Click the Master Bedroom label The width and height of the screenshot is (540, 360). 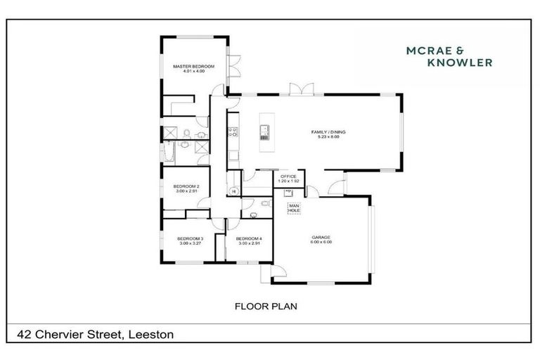pos(193,66)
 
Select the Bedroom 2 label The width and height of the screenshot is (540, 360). pos(186,186)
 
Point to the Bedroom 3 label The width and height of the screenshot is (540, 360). pos(190,238)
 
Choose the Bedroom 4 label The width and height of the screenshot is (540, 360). pos(250,238)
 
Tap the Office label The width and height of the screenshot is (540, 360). pos(289,176)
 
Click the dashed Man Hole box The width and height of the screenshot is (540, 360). pos(294,207)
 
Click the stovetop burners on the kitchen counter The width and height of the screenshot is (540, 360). pos(233,130)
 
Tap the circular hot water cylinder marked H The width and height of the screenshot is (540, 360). pos(233,191)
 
